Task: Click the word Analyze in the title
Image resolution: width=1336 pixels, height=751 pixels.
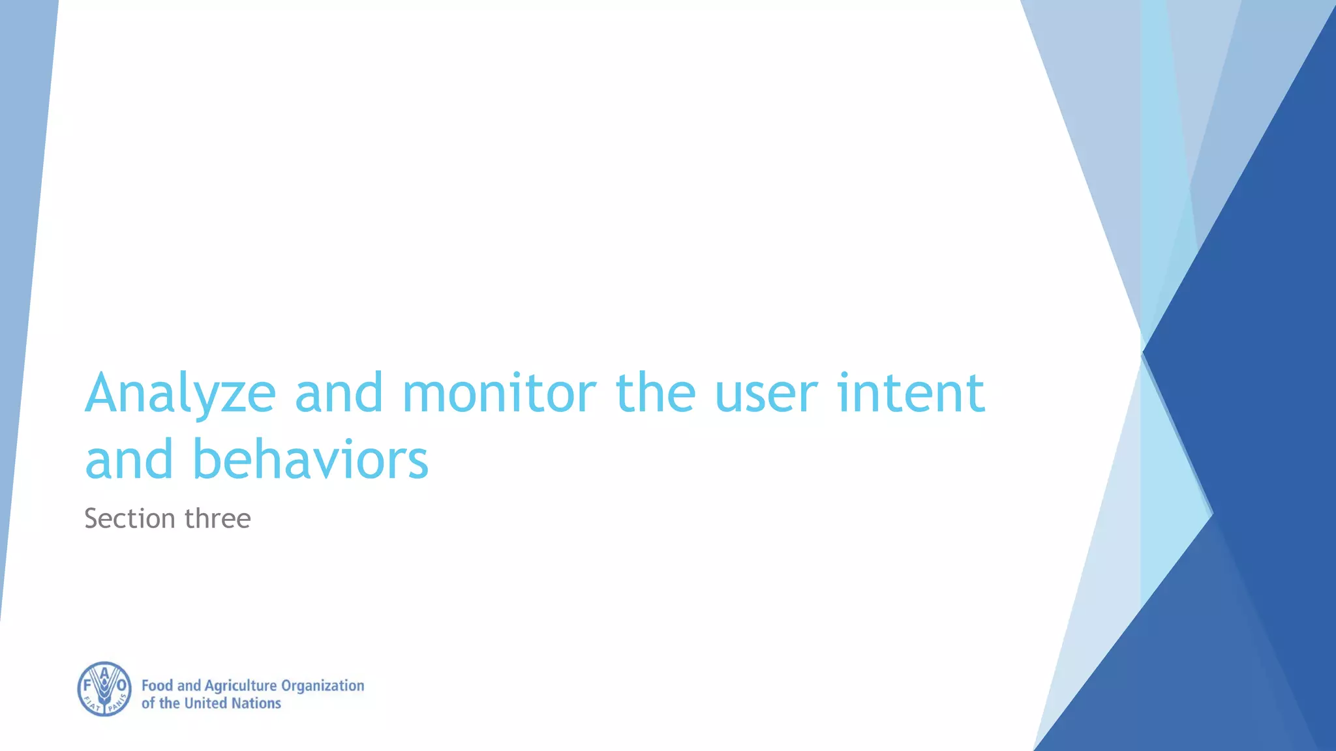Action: click(x=180, y=393)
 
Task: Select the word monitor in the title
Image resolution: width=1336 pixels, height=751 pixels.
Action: click(x=499, y=393)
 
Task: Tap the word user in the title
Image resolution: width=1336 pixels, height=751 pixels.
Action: click(x=766, y=393)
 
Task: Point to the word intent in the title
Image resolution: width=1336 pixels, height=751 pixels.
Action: click(x=911, y=393)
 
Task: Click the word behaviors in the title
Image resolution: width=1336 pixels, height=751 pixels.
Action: click(x=311, y=460)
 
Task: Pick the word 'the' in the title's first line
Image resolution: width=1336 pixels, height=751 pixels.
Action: click(x=655, y=393)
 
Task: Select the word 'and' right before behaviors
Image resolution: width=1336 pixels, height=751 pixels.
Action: click(x=129, y=460)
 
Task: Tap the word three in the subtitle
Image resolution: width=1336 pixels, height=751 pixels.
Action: click(x=218, y=519)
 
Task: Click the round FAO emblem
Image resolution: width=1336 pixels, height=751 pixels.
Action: click(x=104, y=689)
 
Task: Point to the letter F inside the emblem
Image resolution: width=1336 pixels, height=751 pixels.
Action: click(x=87, y=686)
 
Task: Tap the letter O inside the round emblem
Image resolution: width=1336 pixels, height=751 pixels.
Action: click(x=121, y=686)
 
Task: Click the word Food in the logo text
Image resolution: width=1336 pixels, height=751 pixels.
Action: click(x=157, y=686)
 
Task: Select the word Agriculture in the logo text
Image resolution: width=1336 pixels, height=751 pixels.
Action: click(x=241, y=686)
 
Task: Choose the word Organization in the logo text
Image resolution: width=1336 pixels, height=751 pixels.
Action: click(x=322, y=686)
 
